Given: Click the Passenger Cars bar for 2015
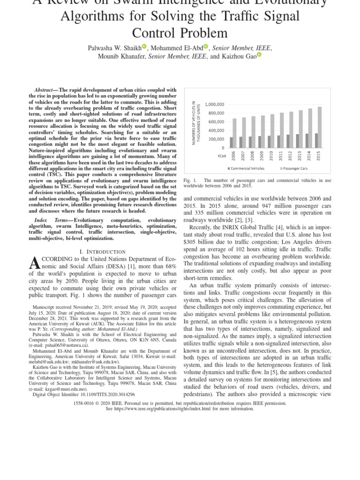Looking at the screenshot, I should [320, 127].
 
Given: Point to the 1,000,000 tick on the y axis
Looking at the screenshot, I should [214, 105].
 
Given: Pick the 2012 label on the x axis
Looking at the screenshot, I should [290, 156].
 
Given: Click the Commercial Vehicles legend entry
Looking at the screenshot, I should [247, 168].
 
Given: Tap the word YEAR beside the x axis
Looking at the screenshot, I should [222, 156].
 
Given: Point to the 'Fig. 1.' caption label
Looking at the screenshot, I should [189, 180].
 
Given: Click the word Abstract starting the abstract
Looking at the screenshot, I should [44, 90].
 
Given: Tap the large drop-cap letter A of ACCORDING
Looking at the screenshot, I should [36, 264].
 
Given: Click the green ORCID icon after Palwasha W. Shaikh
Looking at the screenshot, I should [144, 46].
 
